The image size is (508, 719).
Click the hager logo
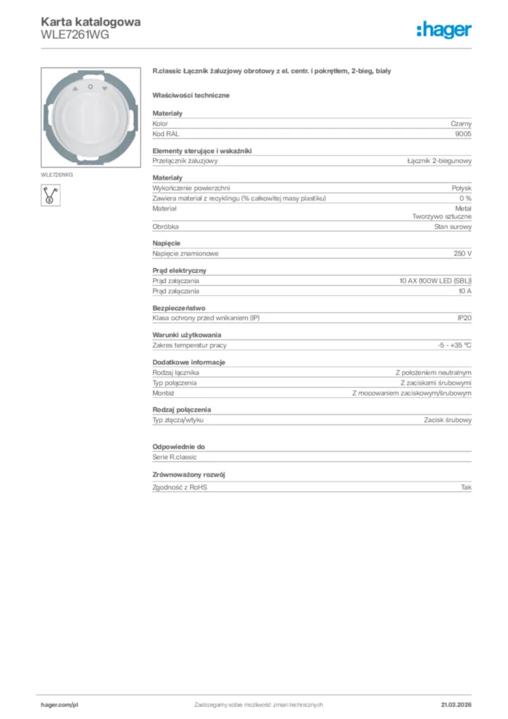[x=443, y=29]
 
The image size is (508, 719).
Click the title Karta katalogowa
[x=91, y=22]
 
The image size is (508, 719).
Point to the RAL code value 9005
[x=463, y=133]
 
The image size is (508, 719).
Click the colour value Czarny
[x=461, y=124]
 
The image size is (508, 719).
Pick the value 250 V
[x=462, y=253]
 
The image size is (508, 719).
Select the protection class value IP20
[x=464, y=318]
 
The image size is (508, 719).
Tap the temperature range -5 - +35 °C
[x=454, y=345]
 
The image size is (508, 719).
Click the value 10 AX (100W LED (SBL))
[x=435, y=281]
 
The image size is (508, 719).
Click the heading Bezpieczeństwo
[x=179, y=308]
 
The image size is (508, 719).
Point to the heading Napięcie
[x=166, y=244]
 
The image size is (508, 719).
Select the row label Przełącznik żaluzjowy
[x=185, y=161]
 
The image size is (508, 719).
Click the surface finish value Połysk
[x=462, y=188]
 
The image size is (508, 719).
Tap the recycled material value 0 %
[x=464, y=198]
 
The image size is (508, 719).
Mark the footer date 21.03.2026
[x=456, y=704]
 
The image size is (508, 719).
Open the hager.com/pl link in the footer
[x=59, y=704]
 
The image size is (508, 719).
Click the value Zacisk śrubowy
[x=448, y=420]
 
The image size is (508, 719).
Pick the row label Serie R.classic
[x=175, y=457]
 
